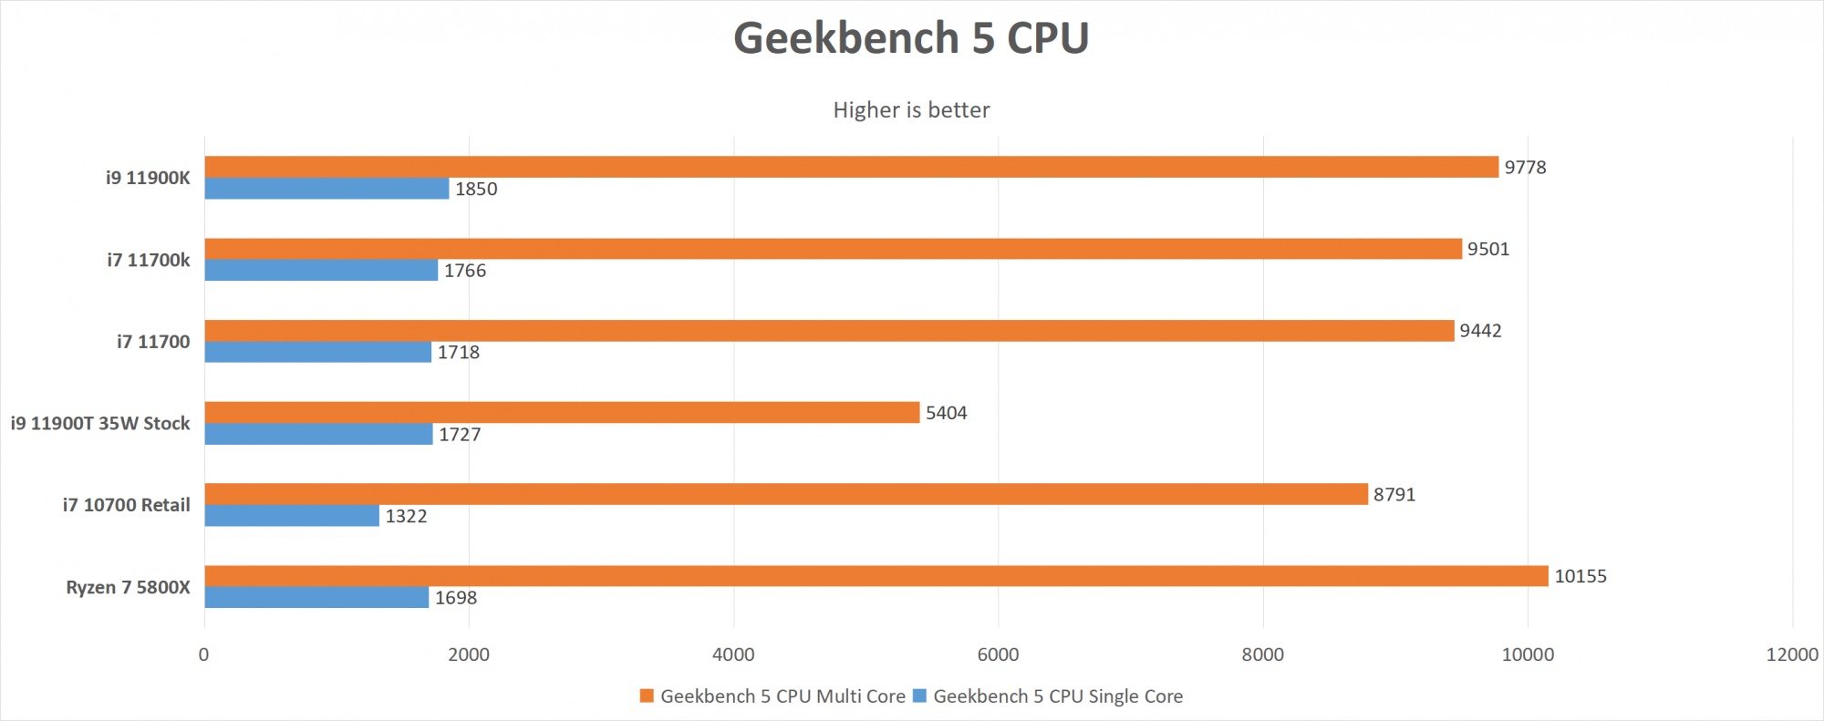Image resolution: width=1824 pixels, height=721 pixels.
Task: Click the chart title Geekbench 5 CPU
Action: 911,38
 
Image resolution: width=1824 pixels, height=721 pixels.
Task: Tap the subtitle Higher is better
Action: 911,110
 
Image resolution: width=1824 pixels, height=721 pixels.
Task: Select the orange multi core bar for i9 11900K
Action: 851,167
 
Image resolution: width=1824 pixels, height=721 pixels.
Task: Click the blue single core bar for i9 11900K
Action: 326,189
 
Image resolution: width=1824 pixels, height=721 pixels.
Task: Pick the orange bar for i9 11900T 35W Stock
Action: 562,412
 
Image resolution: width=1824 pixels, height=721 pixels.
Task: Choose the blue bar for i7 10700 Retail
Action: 292,516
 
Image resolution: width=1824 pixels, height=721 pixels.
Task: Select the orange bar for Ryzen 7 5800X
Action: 876,576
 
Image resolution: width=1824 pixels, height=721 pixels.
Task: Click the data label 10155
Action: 1580,576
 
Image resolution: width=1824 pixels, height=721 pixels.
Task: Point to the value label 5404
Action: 946,413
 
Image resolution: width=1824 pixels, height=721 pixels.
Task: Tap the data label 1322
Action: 406,517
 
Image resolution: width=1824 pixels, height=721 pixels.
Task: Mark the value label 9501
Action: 1488,249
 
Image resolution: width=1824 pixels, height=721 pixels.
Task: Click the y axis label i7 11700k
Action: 149,260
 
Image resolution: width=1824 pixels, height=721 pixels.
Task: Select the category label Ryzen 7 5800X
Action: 128,587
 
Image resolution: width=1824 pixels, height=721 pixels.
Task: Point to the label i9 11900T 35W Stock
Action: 100,423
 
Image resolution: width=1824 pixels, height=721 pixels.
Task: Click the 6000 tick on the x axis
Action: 998,654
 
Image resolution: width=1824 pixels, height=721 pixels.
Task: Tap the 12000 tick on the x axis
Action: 1792,654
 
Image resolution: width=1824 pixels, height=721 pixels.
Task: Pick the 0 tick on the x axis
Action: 203,654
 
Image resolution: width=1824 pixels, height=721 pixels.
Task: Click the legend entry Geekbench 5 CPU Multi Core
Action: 782,696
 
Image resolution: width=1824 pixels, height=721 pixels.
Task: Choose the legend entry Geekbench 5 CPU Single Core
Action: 1057,696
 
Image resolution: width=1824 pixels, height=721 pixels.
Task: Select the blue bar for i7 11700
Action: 317,352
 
